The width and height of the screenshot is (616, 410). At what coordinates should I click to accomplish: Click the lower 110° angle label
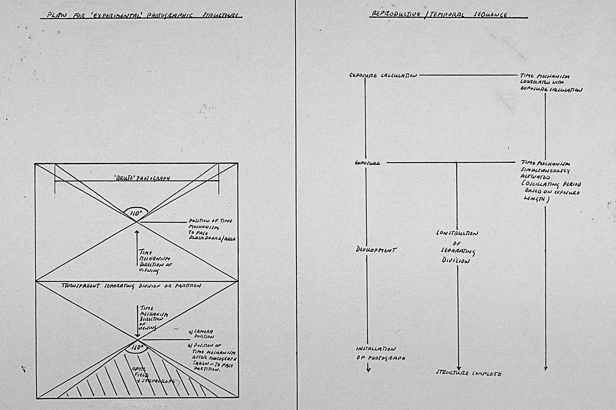click(x=137, y=348)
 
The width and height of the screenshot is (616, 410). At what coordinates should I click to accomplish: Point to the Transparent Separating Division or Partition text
click(x=131, y=286)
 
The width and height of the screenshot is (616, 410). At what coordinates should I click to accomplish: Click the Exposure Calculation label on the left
click(x=383, y=76)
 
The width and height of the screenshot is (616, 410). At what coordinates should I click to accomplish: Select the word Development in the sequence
click(x=376, y=250)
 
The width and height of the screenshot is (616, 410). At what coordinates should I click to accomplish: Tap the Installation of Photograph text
click(x=380, y=353)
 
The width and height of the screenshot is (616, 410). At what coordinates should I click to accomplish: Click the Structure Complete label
click(x=468, y=374)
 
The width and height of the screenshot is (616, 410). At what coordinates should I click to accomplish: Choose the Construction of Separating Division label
click(x=457, y=247)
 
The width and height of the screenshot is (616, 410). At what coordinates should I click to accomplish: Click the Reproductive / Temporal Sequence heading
click(x=440, y=14)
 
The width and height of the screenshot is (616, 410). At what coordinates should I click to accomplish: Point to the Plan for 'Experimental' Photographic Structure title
click(x=142, y=15)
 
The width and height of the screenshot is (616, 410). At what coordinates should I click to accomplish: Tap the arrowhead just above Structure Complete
click(x=458, y=368)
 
